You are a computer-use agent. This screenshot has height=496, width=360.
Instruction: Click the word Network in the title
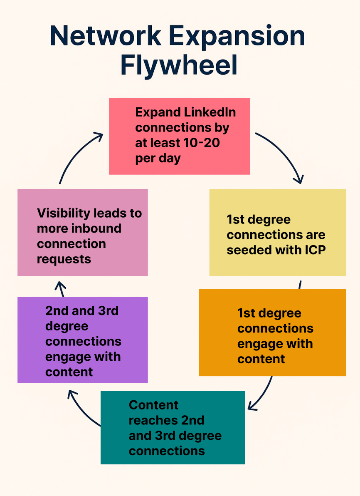tap(105, 37)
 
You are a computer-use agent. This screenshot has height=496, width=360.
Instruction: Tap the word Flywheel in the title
tap(179, 66)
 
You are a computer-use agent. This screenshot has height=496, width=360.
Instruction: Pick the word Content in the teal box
tap(153, 405)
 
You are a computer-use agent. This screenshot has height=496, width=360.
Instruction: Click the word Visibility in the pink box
tap(64, 213)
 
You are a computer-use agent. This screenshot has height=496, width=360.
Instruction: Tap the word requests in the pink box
tap(64, 259)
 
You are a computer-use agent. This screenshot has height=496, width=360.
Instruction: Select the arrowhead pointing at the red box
tap(99, 136)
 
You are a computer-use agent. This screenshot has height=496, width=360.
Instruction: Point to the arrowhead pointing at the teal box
tap(252, 405)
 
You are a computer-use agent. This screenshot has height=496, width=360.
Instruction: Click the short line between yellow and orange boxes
tap(299, 285)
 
